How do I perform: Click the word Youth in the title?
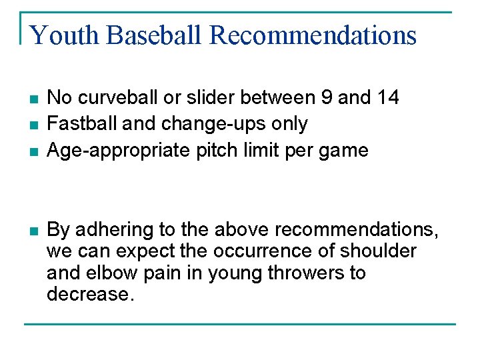[x=63, y=35]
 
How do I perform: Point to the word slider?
[x=207, y=97]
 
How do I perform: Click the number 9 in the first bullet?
[x=327, y=97]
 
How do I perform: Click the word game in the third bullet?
[x=344, y=151]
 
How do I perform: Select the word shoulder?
[x=377, y=251]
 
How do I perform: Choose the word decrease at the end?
[x=90, y=294]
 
